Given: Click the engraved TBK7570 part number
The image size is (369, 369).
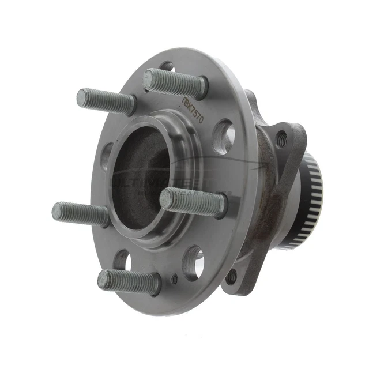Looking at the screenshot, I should (197, 108).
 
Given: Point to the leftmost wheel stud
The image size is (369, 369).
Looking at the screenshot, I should (80, 213).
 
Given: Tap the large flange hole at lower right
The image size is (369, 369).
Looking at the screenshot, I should (194, 263).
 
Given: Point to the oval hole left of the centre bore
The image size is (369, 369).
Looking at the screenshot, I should (107, 156).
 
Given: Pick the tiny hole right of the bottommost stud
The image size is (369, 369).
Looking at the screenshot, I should (175, 279).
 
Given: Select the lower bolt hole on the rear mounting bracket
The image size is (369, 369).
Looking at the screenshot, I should (232, 277).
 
